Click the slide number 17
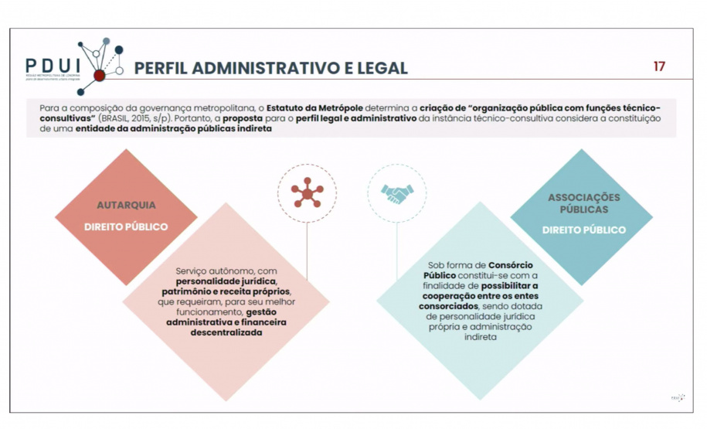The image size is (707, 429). (x=659, y=66)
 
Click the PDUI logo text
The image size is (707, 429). (x=51, y=66)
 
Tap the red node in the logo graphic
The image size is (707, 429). (x=99, y=76)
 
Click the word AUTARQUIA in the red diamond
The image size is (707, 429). (x=126, y=206)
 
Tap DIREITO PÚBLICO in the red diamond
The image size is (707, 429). (x=126, y=227)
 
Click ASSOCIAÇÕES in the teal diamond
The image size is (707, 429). (x=584, y=198)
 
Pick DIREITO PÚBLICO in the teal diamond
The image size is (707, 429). (x=584, y=230)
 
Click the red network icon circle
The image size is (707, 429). (x=307, y=193)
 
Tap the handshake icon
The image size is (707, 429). (x=397, y=193)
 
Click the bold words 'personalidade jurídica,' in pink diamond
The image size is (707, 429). (x=224, y=283)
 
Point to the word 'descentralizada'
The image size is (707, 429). (x=226, y=332)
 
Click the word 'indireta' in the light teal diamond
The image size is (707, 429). (x=480, y=337)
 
